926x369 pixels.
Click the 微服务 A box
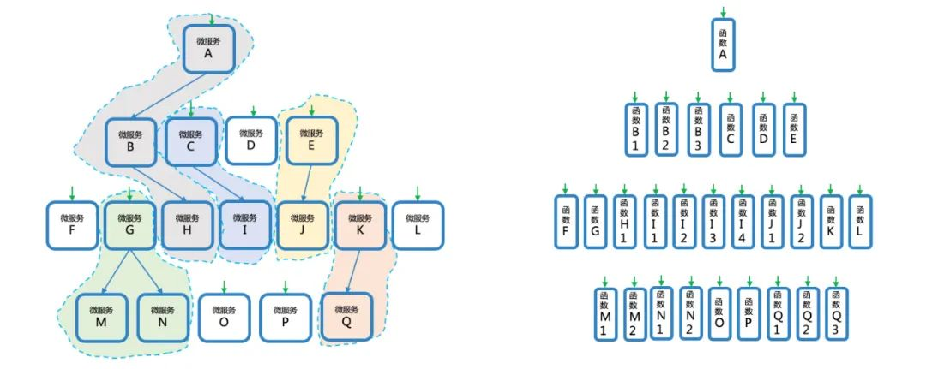coord(208,48)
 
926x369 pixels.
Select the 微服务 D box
coord(250,140)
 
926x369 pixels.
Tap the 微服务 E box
coord(311,140)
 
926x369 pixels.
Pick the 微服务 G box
coord(129,225)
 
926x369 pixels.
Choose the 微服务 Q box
coord(346,317)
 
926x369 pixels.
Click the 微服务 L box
coord(418,225)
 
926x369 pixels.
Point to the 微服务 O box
coord(224,317)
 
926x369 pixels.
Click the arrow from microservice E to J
coord(307,184)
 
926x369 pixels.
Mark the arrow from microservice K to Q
coord(352,271)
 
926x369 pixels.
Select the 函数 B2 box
coord(666,129)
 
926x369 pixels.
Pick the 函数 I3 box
coord(713,222)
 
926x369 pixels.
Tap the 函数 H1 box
coord(624,222)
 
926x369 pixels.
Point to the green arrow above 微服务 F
coord(72,193)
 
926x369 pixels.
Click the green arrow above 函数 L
coord(860,188)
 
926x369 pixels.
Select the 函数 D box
coord(762,129)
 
